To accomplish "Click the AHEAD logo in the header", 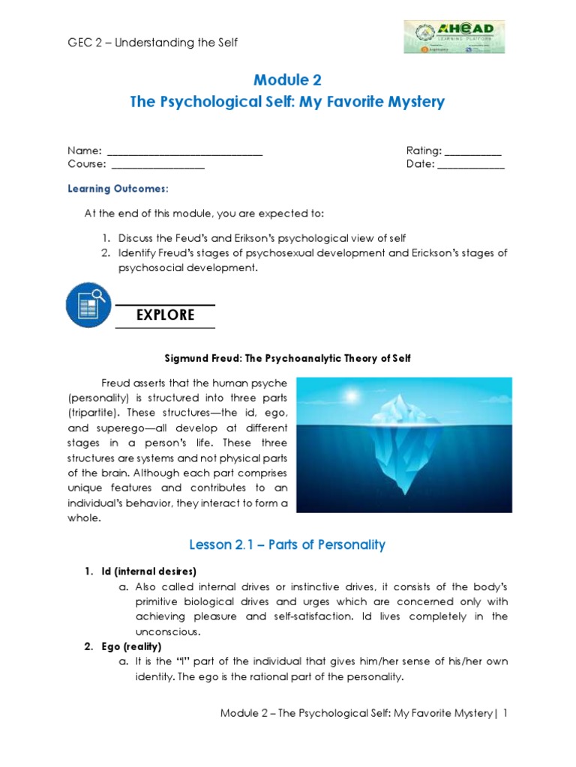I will [454, 37].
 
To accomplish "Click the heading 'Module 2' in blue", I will [288, 80].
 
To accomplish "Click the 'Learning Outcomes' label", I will [117, 189].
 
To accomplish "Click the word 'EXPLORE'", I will [165, 315].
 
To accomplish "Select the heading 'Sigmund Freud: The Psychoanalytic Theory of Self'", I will [288, 359].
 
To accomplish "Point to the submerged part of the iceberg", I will [406, 464].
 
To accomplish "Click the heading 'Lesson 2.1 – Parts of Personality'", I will [288, 545].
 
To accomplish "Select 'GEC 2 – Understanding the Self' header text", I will [153, 43].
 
